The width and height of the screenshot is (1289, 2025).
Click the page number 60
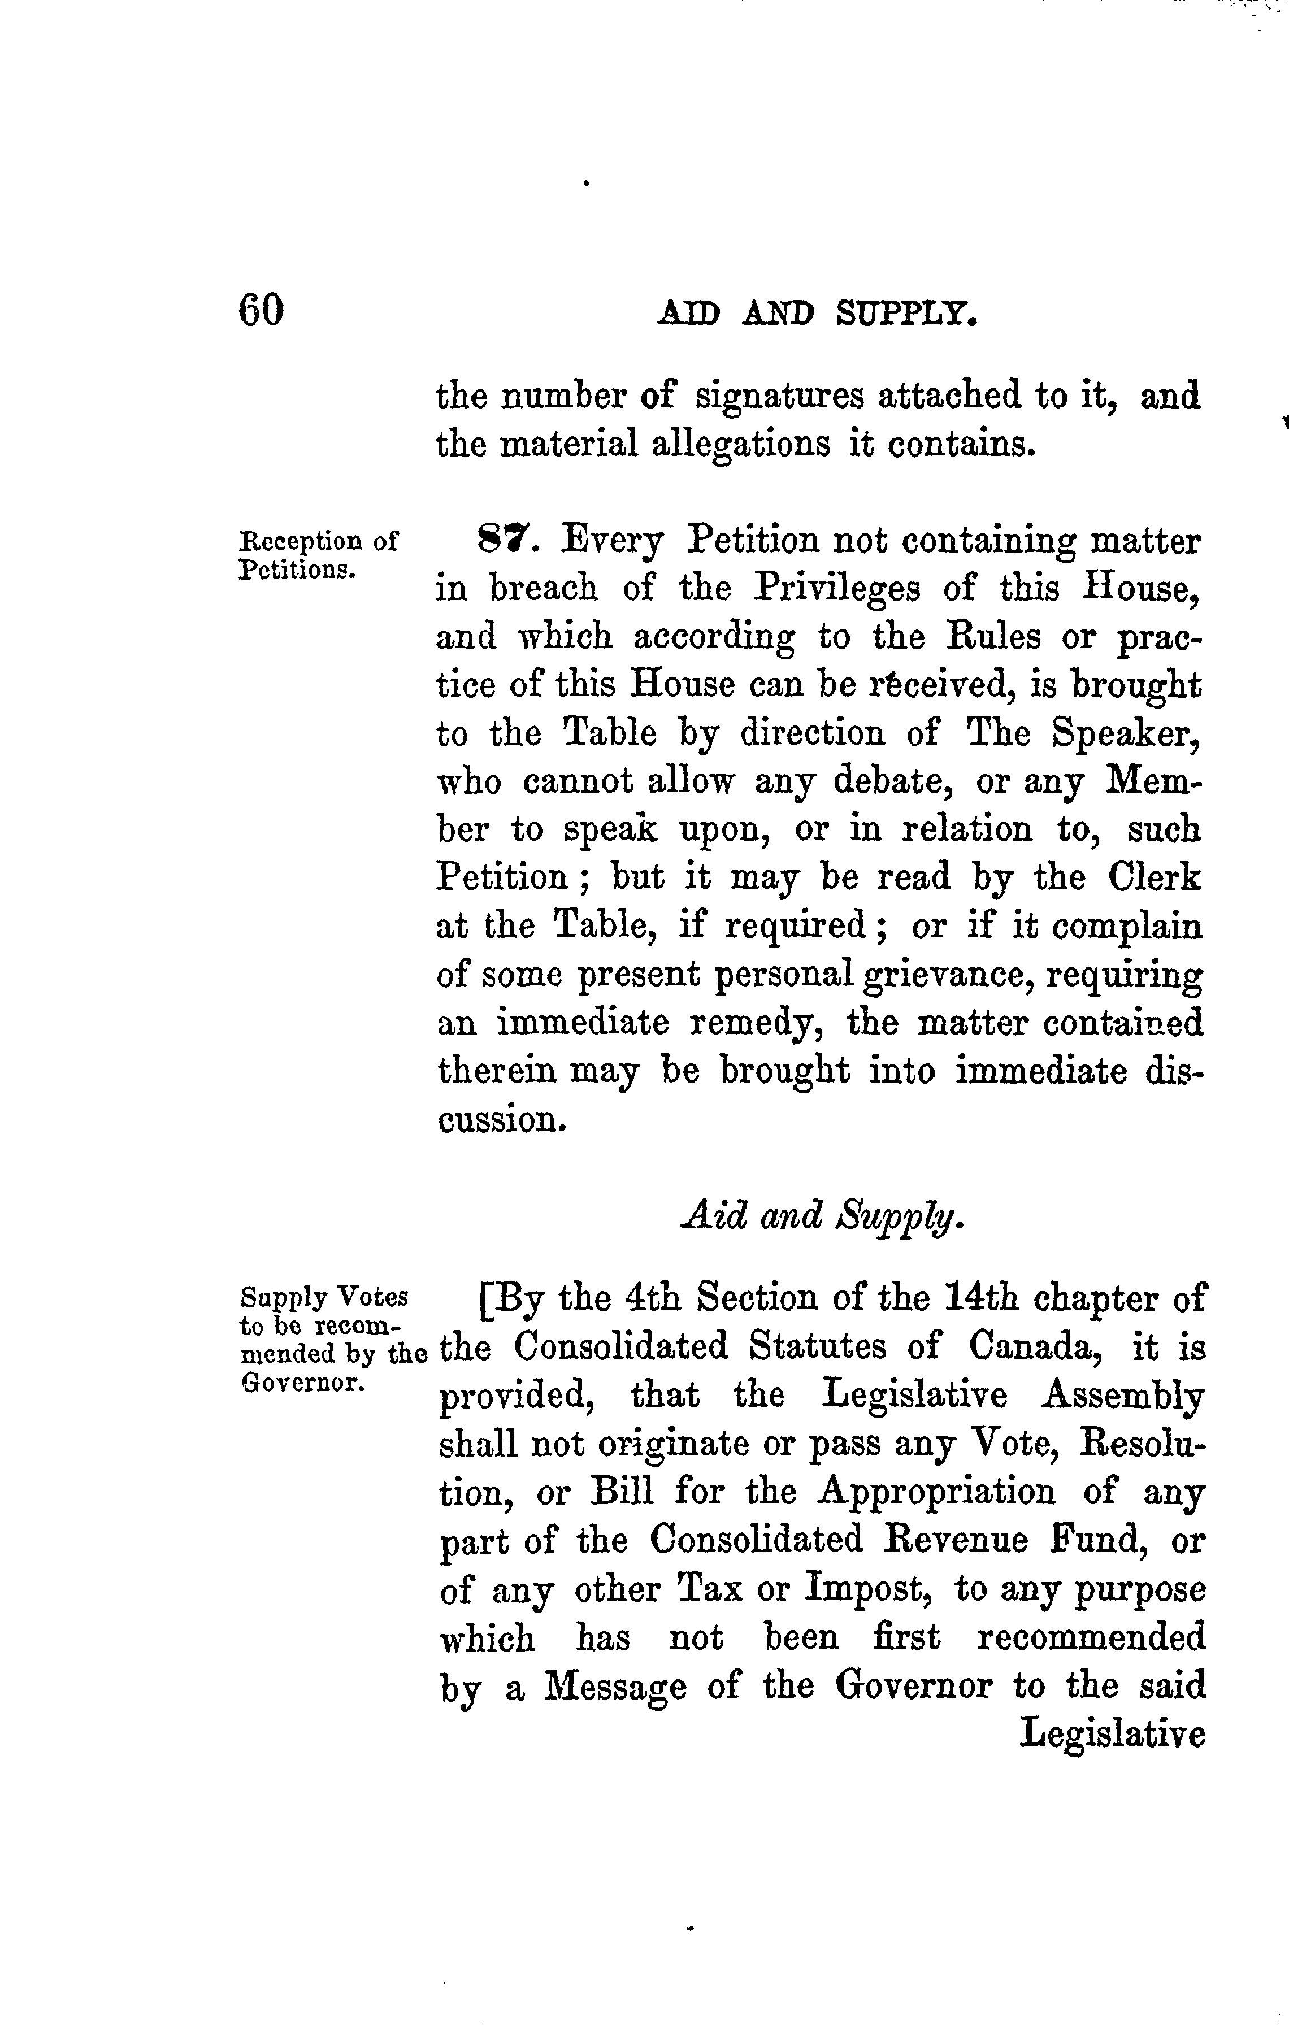point(262,310)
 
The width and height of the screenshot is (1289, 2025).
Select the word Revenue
point(957,1541)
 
